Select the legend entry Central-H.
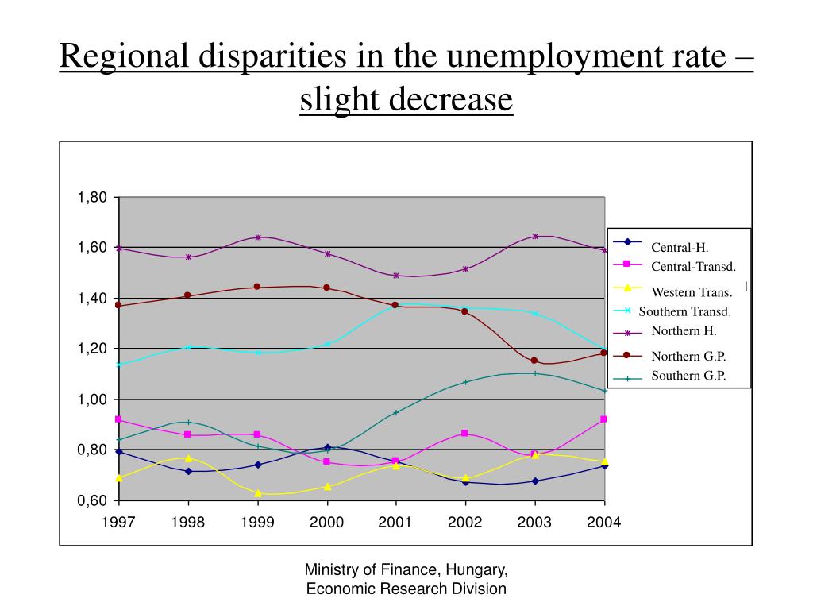(x=680, y=247)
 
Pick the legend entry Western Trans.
(x=691, y=291)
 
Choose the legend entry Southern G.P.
(x=688, y=376)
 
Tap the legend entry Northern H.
(x=684, y=330)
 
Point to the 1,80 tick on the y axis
(x=91, y=197)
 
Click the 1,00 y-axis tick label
(x=91, y=400)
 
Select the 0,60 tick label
(x=91, y=500)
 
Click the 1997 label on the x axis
(x=118, y=522)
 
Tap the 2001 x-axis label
(x=396, y=522)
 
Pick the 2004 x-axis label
(x=605, y=522)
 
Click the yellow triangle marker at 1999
(x=258, y=493)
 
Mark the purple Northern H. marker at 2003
(x=535, y=236)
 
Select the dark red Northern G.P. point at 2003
(x=534, y=361)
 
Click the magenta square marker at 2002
(x=465, y=433)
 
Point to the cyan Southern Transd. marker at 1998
(x=188, y=347)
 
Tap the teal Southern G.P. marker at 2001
(x=396, y=412)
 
